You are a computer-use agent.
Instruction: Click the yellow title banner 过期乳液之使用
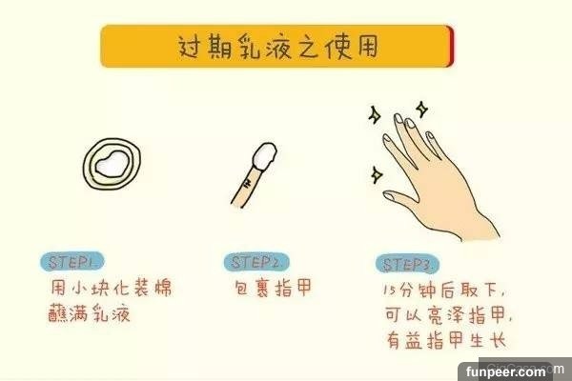[x=277, y=47]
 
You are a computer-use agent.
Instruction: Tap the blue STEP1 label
[x=71, y=261]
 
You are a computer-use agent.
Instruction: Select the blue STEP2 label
[x=256, y=262]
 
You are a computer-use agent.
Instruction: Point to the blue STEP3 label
[x=407, y=265]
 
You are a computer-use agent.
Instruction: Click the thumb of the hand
[x=401, y=199]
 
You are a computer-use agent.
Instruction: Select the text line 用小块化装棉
[x=111, y=288]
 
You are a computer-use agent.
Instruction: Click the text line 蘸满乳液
[x=90, y=312]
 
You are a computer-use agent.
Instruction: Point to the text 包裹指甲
[x=274, y=288]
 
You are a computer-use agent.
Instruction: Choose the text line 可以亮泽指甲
[x=448, y=315]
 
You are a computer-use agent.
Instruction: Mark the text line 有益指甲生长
[x=446, y=340]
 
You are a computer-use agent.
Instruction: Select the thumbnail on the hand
[x=389, y=196]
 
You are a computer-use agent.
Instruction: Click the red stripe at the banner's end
[x=452, y=47]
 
